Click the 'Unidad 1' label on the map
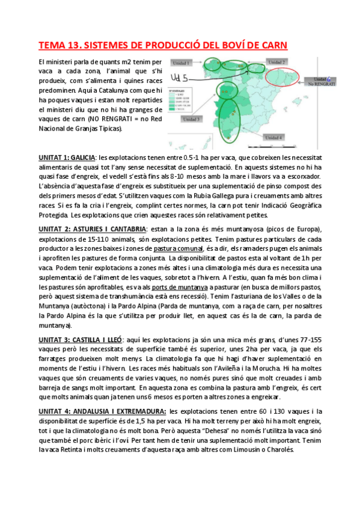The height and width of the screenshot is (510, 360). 181,63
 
